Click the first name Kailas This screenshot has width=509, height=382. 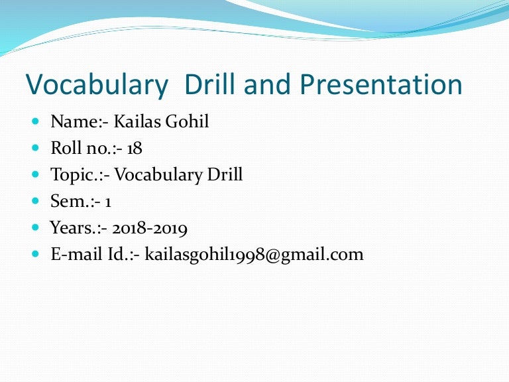136,121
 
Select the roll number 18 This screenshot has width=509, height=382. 135,148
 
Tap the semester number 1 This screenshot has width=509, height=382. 107,202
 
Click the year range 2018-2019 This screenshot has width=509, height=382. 150,229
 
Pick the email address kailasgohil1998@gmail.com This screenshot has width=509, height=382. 254,254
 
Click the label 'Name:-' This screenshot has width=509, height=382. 79,121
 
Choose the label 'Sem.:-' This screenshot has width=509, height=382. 75,202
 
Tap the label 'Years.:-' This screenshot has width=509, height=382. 80,229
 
